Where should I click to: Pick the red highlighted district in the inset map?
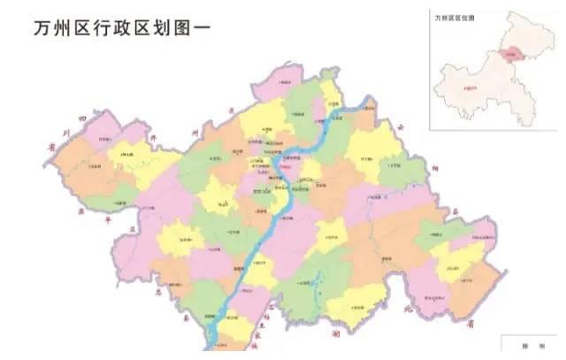pos(508,55)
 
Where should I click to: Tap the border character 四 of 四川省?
pos(81,118)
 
